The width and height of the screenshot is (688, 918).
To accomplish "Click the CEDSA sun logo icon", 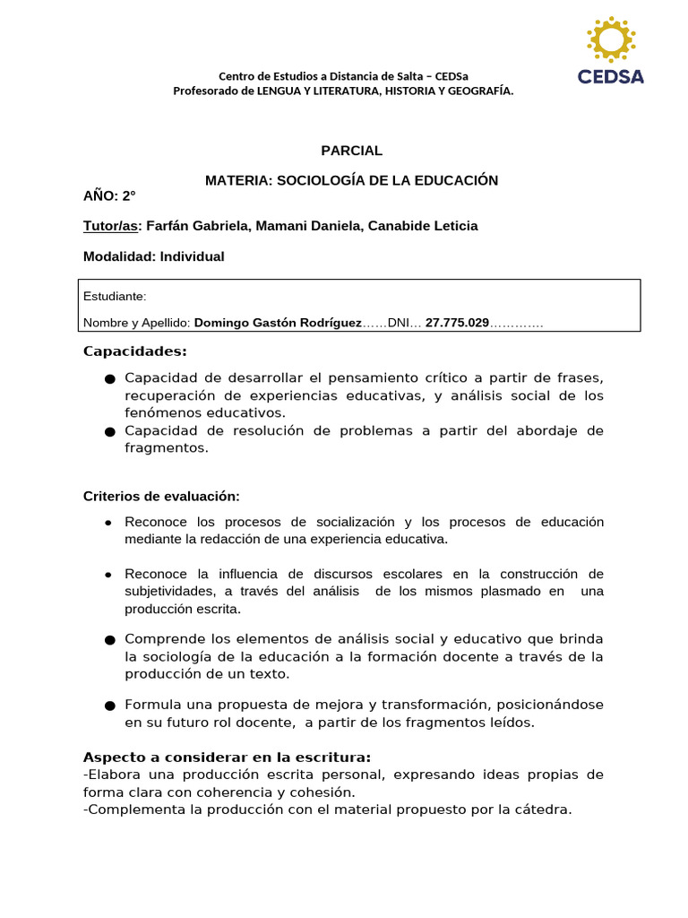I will pyautogui.click(x=611, y=39).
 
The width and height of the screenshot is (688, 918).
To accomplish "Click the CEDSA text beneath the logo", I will pyautogui.click(x=611, y=76).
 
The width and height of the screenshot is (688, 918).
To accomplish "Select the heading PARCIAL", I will pyautogui.click(x=351, y=151).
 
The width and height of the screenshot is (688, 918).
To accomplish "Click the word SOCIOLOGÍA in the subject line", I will pyautogui.click(x=319, y=180).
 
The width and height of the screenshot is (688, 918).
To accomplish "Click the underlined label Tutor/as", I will pyautogui.click(x=112, y=226).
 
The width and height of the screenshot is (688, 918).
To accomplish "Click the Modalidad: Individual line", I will pyautogui.click(x=153, y=256).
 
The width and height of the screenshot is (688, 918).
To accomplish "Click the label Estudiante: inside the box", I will pyautogui.click(x=115, y=297).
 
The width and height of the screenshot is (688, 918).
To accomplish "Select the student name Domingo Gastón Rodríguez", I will pyautogui.click(x=278, y=323).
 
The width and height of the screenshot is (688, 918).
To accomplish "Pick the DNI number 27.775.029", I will pyautogui.click(x=457, y=323).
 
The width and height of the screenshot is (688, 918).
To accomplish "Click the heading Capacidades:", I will pyautogui.click(x=134, y=351).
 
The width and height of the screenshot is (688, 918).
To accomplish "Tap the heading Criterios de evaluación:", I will pyautogui.click(x=161, y=496).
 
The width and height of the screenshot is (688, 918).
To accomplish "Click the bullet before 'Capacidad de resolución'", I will pyautogui.click(x=109, y=432).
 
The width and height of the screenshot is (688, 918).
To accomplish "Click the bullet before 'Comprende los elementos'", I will pyautogui.click(x=109, y=640).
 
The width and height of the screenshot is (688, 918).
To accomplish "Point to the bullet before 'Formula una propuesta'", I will pyautogui.click(x=109, y=705).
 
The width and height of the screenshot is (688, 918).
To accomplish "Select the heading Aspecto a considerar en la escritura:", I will pyautogui.click(x=227, y=757).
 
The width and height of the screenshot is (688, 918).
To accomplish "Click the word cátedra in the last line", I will pyautogui.click(x=542, y=810).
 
